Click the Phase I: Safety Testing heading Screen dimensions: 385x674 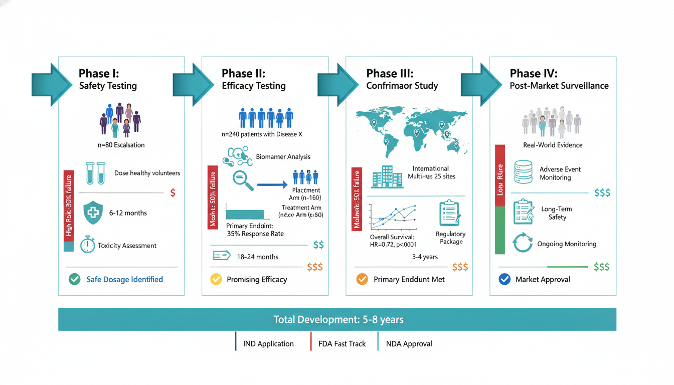(x=108, y=79)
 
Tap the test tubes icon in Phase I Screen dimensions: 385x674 (x=95, y=173)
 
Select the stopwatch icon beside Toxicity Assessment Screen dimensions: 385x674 (x=87, y=245)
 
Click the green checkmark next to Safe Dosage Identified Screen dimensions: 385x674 (x=75, y=279)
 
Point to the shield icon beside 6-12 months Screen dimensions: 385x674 (x=93, y=213)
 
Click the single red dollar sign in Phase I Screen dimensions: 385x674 (x=173, y=193)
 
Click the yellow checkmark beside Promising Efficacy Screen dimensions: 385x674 (x=216, y=279)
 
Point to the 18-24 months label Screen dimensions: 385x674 (x=257, y=257)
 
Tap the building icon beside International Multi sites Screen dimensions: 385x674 (x=387, y=177)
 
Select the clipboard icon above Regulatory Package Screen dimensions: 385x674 (x=449, y=213)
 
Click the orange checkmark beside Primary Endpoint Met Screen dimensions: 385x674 (x=362, y=279)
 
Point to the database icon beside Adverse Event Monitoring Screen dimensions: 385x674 (x=523, y=172)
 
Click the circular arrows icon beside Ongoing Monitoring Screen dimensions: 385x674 (x=523, y=243)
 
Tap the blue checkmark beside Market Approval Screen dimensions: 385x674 (x=504, y=279)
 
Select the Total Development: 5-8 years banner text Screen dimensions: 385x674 (x=338, y=319)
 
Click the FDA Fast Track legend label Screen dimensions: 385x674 (x=342, y=344)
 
